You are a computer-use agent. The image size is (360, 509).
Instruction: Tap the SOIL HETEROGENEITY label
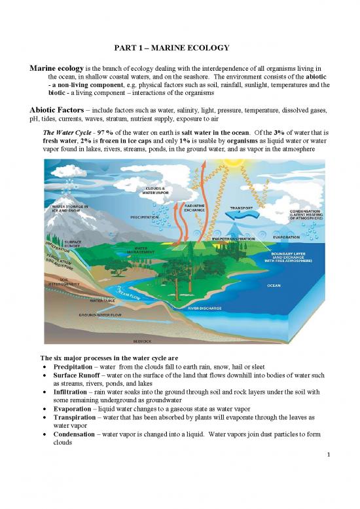65,282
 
